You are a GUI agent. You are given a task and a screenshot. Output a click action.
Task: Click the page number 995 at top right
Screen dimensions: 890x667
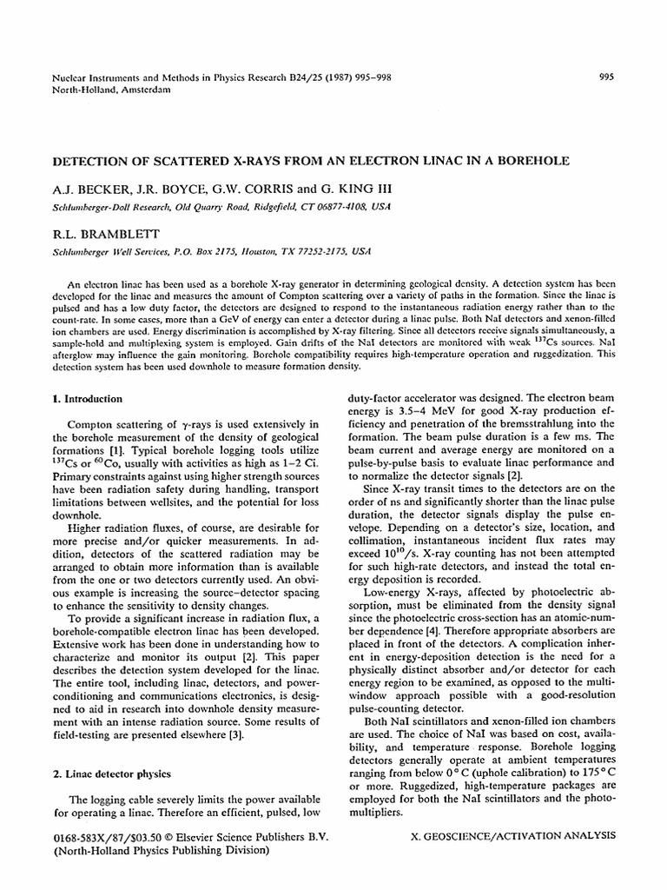(x=608, y=76)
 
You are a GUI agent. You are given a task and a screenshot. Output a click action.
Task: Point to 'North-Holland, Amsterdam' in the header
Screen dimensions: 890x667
(x=111, y=89)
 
